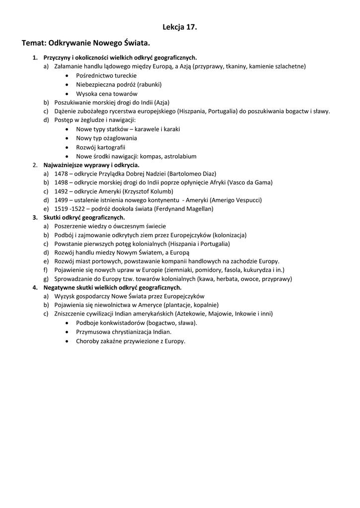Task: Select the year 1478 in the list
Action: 62,174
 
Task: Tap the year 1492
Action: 62,191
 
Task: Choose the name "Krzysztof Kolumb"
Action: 147,191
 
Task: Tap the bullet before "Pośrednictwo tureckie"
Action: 67,75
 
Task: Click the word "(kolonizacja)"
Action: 229,235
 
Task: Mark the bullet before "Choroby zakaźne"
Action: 67,341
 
